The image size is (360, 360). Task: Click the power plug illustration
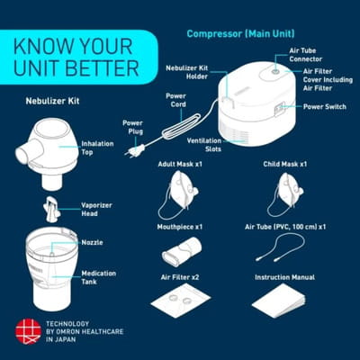(134, 150)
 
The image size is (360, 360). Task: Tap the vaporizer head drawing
(52, 210)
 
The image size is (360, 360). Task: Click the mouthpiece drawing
(182, 251)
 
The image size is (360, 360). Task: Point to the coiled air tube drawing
(280, 247)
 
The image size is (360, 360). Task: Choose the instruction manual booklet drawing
(279, 301)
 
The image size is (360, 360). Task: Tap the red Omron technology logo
(28, 331)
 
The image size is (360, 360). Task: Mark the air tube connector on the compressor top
(275, 72)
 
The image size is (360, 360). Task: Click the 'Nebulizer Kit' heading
(52, 101)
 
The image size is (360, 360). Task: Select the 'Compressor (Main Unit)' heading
(240, 33)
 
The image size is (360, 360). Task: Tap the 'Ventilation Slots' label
(204, 145)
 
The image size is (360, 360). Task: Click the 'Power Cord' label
(175, 100)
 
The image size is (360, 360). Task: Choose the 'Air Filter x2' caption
(180, 277)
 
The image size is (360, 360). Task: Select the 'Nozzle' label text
(92, 242)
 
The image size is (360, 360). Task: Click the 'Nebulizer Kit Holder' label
(187, 72)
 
